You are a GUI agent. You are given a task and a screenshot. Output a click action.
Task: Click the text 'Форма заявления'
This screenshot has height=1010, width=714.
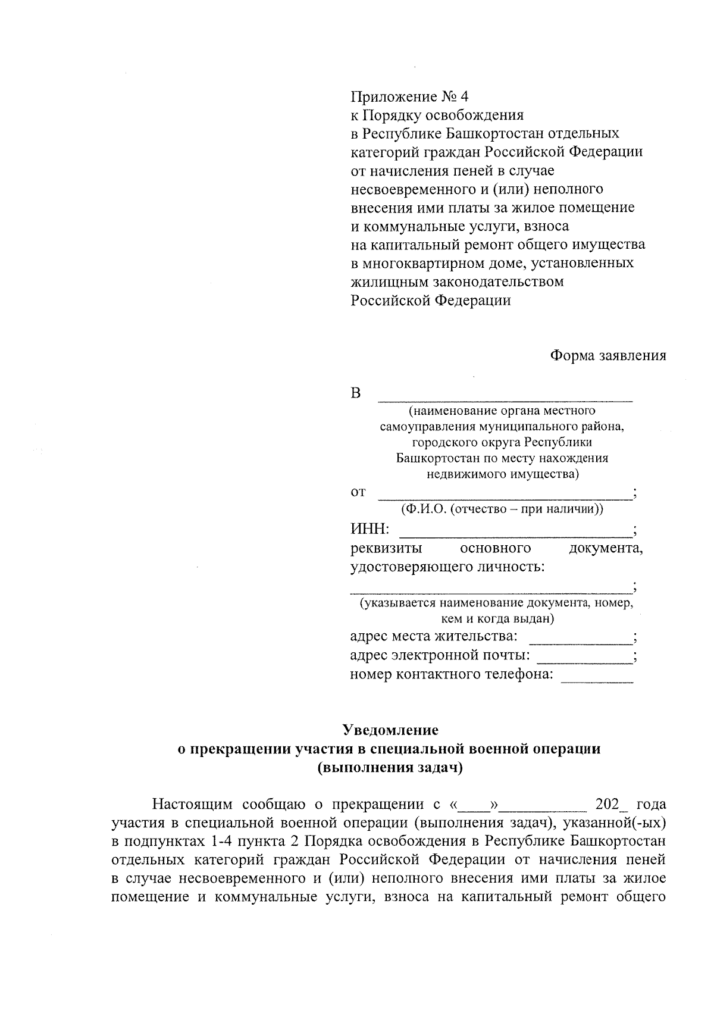(x=607, y=356)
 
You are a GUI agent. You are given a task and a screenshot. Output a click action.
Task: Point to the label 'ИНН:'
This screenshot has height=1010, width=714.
(x=369, y=529)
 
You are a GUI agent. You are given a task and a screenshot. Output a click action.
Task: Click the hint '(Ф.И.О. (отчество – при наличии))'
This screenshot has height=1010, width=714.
(x=502, y=509)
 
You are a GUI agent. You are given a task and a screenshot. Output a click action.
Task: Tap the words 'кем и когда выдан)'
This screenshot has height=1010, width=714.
(x=497, y=619)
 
